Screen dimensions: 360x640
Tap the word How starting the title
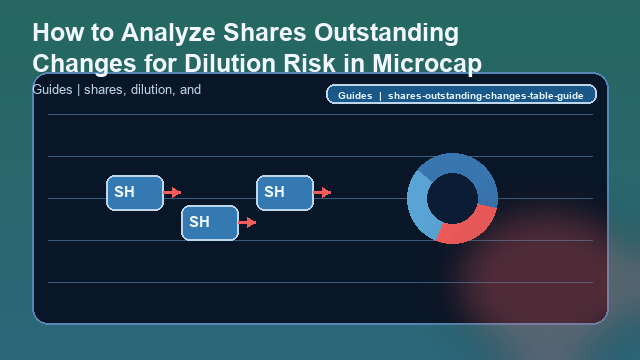coord(56,33)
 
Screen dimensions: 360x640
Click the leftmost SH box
coord(134,192)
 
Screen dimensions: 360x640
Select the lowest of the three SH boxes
coord(209,222)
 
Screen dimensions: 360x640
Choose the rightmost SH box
coord(284,192)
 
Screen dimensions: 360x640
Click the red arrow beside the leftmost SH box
coord(173,192)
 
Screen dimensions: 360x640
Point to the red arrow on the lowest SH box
coord(248,222)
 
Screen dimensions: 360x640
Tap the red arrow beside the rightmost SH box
coord(323,192)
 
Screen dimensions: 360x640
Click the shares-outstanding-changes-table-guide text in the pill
coord(486,96)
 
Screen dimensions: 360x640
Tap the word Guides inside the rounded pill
coord(355,96)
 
